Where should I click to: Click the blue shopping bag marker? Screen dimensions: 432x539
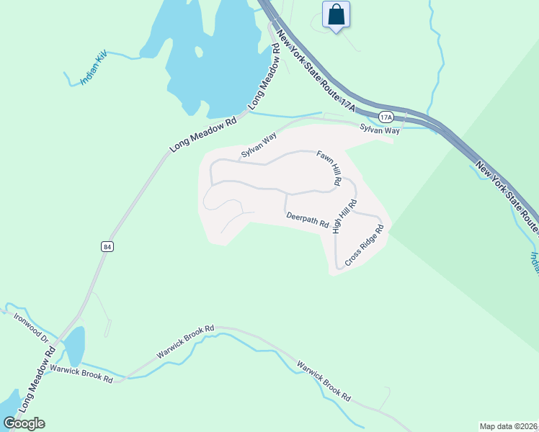pyautogui.click(x=336, y=14)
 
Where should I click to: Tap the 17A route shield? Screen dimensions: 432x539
pyautogui.click(x=386, y=116)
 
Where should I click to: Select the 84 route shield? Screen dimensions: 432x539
pyautogui.click(x=107, y=246)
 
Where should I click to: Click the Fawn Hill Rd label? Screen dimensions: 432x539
pyautogui.click(x=329, y=168)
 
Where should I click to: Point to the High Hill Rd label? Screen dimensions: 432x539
pyautogui.click(x=344, y=217)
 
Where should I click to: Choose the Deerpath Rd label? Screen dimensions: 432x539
pyautogui.click(x=307, y=219)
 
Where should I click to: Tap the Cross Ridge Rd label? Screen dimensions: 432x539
pyautogui.click(x=365, y=247)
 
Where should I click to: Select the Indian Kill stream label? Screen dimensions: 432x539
pyautogui.click(x=94, y=69)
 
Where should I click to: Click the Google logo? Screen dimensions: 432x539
pyautogui.click(x=24, y=423)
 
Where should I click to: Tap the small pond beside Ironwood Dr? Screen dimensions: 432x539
pyautogui.click(x=75, y=346)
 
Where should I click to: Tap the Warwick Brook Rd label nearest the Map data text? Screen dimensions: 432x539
pyautogui.click(x=324, y=381)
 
